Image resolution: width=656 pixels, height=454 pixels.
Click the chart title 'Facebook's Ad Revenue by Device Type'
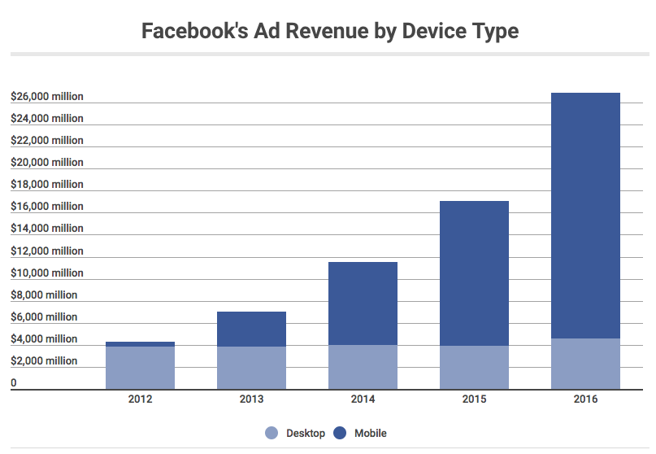[x=330, y=32]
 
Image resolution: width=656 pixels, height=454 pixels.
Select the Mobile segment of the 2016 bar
[x=585, y=216]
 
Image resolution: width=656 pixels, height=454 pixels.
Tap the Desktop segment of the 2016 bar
[x=585, y=364]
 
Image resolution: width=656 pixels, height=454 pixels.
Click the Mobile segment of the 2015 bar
[x=474, y=273]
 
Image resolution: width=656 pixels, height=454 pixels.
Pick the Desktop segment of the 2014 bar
[x=363, y=367]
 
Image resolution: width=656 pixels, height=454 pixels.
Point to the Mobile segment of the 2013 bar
[x=251, y=330]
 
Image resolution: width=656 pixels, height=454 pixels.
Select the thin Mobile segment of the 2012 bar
[x=140, y=344]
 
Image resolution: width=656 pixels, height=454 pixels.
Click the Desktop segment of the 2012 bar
[x=140, y=368]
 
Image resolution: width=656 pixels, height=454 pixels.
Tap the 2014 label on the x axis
[x=363, y=399]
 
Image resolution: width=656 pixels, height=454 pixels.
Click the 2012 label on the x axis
[x=140, y=399]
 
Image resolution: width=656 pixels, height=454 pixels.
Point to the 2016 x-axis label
[x=585, y=399]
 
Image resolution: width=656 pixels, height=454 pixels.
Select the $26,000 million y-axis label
[x=47, y=97]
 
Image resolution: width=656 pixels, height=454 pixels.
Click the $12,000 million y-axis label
[x=47, y=251]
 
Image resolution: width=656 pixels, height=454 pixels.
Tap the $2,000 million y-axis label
[x=44, y=361]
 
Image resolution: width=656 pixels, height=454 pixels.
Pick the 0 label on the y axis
[x=13, y=382]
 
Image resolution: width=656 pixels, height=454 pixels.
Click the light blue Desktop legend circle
[x=272, y=433]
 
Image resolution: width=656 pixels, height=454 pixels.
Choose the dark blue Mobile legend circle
[x=340, y=433]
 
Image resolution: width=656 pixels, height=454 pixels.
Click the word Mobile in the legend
[x=370, y=433]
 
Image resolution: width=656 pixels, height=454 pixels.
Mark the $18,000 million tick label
[x=47, y=185]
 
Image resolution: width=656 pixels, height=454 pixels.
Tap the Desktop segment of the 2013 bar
[x=251, y=368]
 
